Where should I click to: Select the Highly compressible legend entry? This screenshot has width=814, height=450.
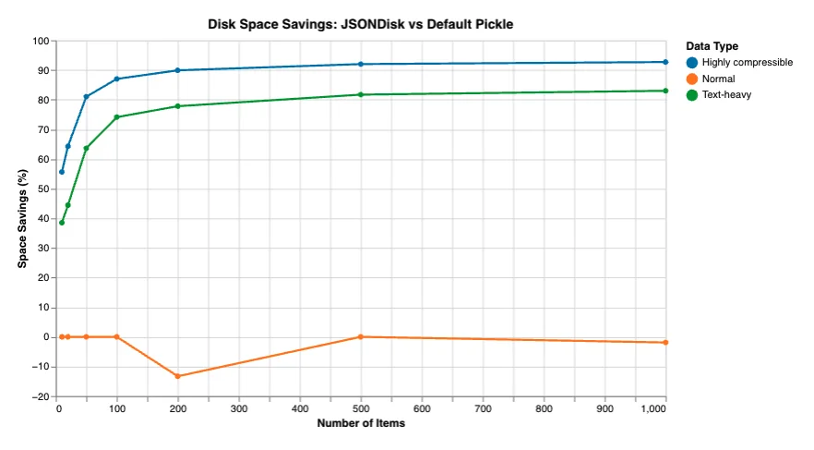point(747,62)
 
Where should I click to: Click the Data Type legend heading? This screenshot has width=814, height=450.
point(712,45)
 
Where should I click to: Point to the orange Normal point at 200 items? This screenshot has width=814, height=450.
point(177,376)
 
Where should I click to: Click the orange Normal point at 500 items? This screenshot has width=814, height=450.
point(360,337)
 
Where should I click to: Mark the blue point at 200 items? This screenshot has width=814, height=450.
point(177,70)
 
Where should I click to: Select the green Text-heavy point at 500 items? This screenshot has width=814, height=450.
point(360,94)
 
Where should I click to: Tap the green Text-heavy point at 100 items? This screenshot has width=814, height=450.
point(116,117)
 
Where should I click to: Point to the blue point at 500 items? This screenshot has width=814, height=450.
point(360,64)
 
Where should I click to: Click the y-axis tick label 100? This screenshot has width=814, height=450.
point(39,41)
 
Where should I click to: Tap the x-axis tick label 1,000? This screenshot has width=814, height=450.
point(652,409)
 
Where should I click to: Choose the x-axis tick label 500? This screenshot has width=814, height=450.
point(360,409)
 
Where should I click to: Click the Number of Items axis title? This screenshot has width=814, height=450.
point(360,424)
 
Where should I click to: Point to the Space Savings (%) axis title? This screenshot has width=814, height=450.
point(21,219)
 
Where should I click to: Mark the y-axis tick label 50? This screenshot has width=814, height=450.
point(42,189)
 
